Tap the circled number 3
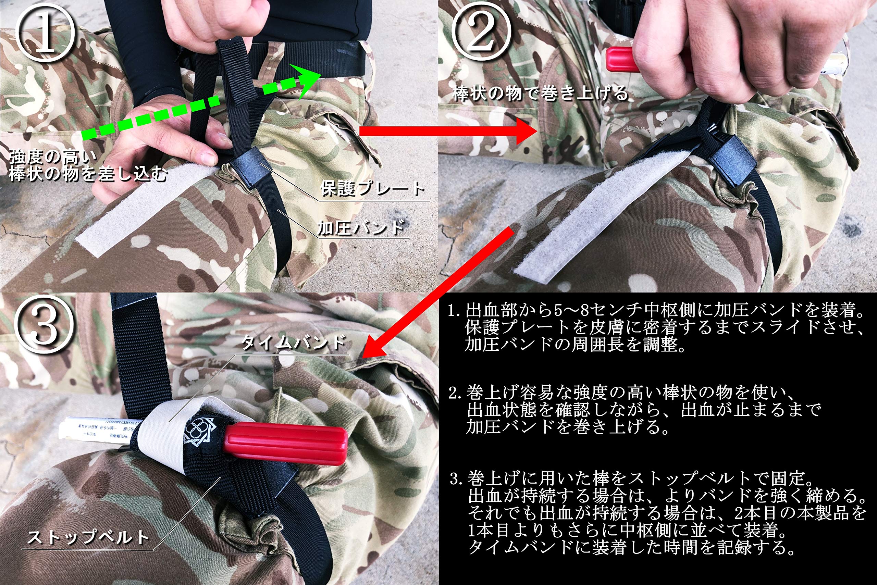(44, 324)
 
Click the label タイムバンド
(293, 343)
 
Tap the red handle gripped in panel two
(619, 60)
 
